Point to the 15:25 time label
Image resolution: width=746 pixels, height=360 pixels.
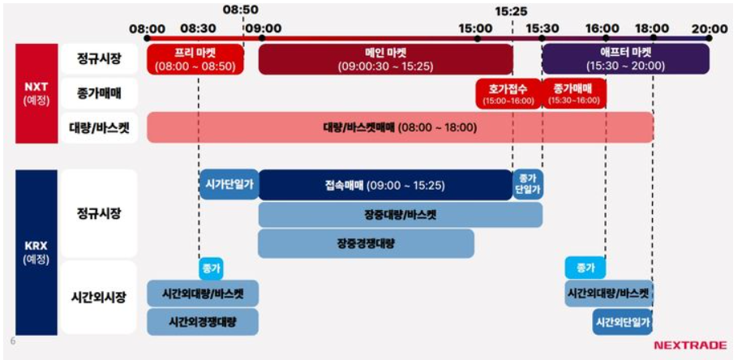(511, 11)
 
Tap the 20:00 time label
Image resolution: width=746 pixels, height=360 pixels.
(710, 28)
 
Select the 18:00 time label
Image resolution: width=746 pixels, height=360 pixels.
(653, 28)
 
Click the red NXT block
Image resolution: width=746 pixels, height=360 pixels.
(36, 93)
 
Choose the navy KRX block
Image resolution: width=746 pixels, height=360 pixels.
(36, 252)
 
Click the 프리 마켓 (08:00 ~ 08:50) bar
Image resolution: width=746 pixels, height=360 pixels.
(195, 59)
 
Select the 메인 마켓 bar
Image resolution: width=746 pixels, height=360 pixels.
(385, 59)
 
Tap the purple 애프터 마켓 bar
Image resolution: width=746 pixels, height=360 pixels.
(626, 59)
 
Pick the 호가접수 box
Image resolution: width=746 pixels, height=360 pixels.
(508, 94)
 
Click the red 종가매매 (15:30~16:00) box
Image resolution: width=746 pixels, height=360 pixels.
(574, 94)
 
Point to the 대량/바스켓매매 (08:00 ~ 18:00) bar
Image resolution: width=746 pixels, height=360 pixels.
(400, 127)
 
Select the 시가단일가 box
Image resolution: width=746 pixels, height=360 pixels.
(229, 185)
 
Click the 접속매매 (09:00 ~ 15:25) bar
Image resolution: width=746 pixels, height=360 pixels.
(385, 185)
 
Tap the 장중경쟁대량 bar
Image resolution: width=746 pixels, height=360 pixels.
(367, 243)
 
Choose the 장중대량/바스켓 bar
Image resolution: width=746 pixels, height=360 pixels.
(400, 215)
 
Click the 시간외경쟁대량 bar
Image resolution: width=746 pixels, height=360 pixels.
(203, 322)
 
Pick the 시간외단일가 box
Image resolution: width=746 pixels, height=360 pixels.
(623, 322)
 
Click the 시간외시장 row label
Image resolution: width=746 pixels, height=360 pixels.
(99, 298)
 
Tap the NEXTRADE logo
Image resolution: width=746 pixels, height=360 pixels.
(690, 345)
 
